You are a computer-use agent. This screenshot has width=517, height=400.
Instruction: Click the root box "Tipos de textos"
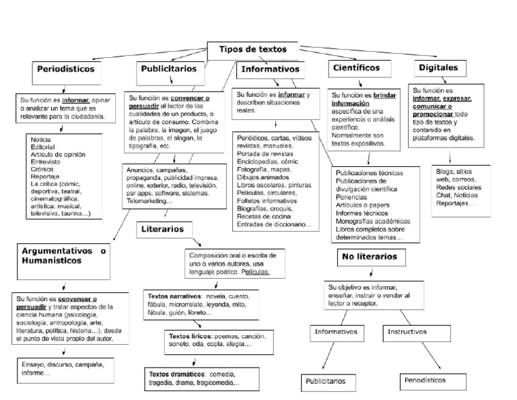[x=252, y=50]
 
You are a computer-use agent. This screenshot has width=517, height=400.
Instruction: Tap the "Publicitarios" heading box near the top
[x=169, y=69]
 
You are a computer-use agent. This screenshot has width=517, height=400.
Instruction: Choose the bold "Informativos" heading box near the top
[x=269, y=69]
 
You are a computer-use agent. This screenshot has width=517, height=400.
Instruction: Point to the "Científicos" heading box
[x=356, y=68]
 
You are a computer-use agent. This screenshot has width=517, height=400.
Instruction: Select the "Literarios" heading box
[x=162, y=229]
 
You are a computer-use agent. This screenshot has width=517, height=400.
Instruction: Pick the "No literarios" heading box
[x=370, y=257]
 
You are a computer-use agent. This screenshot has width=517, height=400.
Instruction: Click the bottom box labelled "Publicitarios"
[x=326, y=381]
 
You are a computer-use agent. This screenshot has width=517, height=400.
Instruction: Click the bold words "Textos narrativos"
[x=174, y=296]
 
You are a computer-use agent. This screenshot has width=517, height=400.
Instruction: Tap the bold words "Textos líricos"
[x=188, y=335]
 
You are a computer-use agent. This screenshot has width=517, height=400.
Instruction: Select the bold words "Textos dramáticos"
[x=177, y=374]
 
